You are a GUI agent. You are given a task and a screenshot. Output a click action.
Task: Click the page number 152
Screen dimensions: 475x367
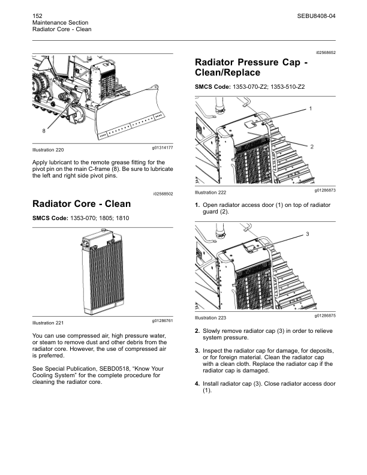click(37, 13)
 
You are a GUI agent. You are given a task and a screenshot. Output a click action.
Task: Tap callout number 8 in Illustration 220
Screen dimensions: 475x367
click(43, 130)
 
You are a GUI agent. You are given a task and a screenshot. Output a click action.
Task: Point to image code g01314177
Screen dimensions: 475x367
click(163, 148)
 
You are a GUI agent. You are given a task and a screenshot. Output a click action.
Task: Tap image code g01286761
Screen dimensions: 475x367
click(163, 321)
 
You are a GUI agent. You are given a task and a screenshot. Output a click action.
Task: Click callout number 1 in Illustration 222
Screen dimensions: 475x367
click(311, 109)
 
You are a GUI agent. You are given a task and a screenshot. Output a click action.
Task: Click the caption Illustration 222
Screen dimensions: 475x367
click(210, 193)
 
